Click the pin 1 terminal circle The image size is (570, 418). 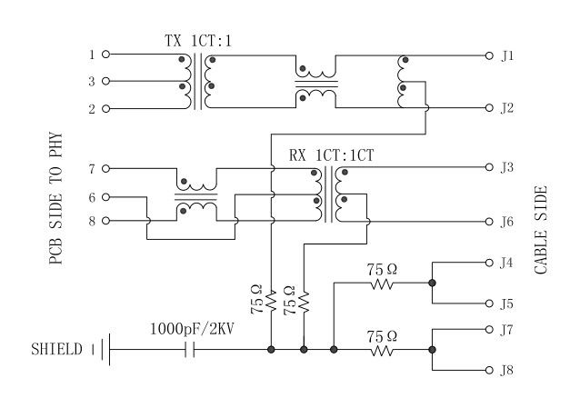click(x=105, y=55)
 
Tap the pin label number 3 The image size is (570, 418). click(x=92, y=82)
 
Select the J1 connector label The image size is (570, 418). click(x=507, y=55)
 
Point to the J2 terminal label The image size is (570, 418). click(x=507, y=108)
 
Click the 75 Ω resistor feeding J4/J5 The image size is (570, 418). click(x=382, y=284)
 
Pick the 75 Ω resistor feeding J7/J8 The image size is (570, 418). click(x=382, y=349)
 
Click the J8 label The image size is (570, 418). click(x=507, y=370)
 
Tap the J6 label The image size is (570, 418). click(x=507, y=221)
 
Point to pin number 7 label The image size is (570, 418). click(x=92, y=168)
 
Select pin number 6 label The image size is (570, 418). click(x=92, y=196)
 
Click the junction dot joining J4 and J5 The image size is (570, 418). click(x=432, y=284)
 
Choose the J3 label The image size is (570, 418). click(x=507, y=167)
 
